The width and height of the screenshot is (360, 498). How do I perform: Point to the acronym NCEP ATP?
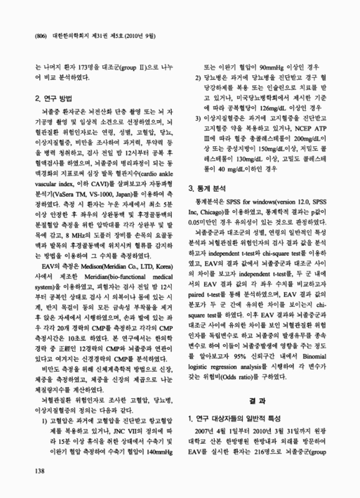click(x=323, y=126)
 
